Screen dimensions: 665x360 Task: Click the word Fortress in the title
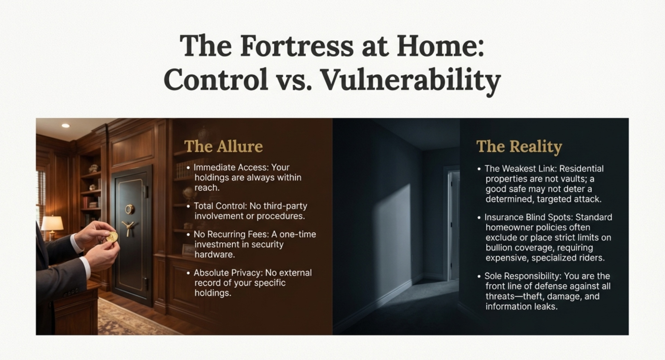(297, 46)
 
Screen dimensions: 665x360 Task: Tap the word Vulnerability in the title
(411, 80)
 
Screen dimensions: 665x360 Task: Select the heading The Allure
(223, 146)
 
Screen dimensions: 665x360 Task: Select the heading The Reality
(519, 147)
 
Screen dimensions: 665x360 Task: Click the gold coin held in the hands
(112, 237)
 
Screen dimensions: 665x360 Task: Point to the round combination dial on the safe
(130, 209)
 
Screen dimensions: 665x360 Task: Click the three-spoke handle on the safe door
(128, 227)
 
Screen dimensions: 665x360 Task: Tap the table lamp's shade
(52, 223)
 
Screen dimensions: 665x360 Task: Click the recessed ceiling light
(66, 125)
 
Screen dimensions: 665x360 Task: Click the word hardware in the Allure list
(215, 254)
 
